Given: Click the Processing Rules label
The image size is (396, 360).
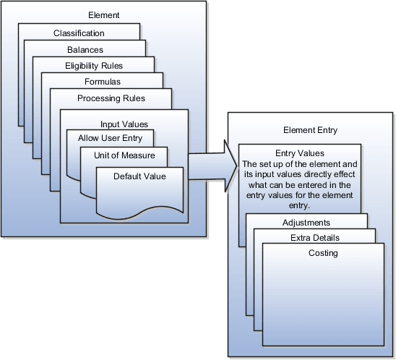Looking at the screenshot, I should tap(111, 98).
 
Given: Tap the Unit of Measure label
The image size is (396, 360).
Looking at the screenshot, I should tap(124, 155).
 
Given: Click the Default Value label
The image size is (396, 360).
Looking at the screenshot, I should tap(139, 176).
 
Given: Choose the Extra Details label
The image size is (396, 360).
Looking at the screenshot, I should tap(316, 238).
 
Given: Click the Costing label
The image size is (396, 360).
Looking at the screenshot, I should tap(322, 253).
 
